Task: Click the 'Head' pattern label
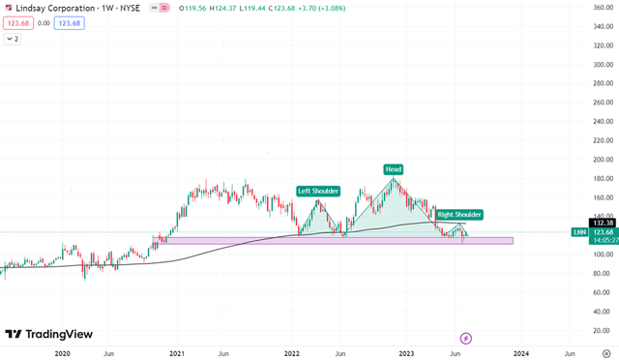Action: pos(394,169)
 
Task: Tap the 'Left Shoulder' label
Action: pos(318,191)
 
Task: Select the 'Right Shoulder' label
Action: pos(459,214)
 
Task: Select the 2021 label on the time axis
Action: pos(177,353)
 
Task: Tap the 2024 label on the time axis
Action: pos(520,353)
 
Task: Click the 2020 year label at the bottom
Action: pos(63,353)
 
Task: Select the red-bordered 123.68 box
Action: pos(20,23)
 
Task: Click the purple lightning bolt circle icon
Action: pos(466,338)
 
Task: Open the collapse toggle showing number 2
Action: pos(14,40)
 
